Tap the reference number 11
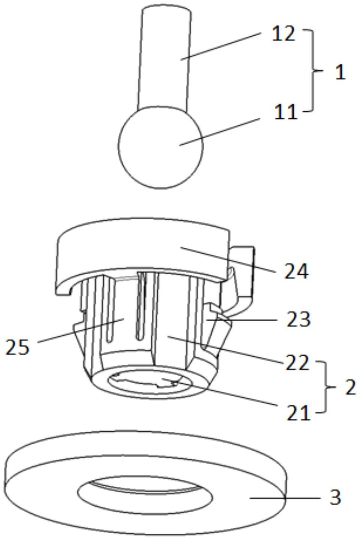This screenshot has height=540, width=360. tap(285, 111)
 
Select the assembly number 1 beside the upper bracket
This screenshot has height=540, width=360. tap(340, 72)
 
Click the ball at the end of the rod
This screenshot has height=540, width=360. tap(161, 147)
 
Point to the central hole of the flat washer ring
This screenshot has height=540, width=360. tap(145, 497)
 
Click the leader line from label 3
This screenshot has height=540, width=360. tap(285, 498)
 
